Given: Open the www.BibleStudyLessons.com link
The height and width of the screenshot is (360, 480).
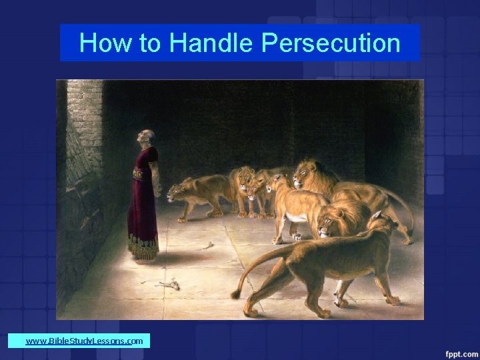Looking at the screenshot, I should click(x=84, y=341).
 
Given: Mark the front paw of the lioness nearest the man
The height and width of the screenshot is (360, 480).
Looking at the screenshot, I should click(x=181, y=219).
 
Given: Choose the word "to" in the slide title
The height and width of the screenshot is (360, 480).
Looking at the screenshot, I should click(x=150, y=43).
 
